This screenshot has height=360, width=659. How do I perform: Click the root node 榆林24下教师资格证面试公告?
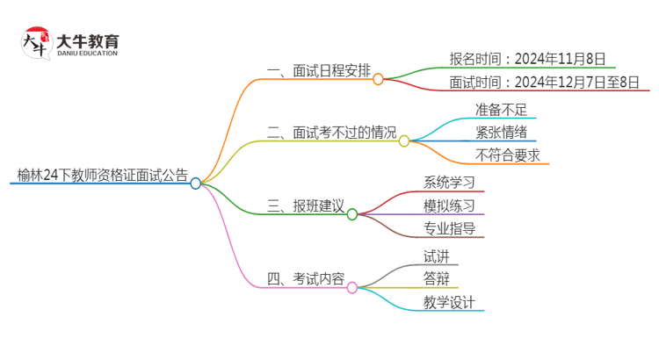click(x=102, y=175)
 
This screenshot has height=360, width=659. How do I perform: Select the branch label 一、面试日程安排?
click(x=318, y=70)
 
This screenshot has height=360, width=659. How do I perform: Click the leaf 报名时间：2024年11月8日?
click(x=515, y=59)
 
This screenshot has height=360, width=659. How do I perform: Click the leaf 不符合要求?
click(x=507, y=155)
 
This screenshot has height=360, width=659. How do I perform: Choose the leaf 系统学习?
click(x=449, y=183)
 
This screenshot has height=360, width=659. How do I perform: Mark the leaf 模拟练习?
click(x=449, y=205)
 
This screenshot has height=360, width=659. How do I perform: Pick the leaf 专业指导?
click(x=449, y=228)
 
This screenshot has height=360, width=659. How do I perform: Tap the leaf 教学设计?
click(x=449, y=302)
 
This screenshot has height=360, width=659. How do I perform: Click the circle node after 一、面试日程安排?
click(x=379, y=79)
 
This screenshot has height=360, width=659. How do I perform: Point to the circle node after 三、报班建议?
click(x=352, y=214)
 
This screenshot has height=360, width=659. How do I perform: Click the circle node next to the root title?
click(x=196, y=184)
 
